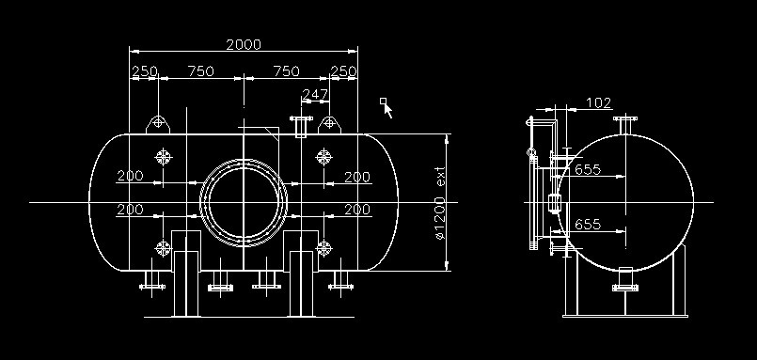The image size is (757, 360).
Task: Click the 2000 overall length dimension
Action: (244, 45)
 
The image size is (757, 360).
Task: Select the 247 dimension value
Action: (315, 94)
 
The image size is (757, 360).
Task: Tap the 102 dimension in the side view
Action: (598, 103)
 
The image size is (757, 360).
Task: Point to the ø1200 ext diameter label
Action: (439, 204)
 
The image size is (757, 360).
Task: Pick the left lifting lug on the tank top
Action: (158, 123)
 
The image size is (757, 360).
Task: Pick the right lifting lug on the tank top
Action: (329, 124)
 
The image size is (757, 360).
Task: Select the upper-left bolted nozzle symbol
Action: (164, 157)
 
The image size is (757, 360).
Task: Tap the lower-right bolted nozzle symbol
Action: (323, 248)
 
